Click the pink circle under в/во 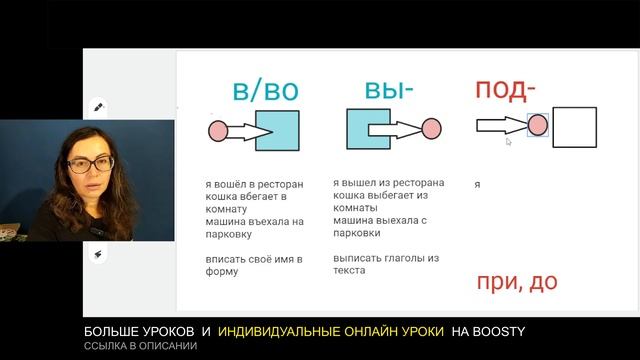(x=218, y=130)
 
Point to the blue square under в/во (x=278, y=130)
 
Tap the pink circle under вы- (x=431, y=128)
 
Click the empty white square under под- (x=574, y=127)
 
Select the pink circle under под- (x=537, y=125)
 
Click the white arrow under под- (x=500, y=125)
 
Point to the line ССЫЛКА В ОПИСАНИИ (x=140, y=346)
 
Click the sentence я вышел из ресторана (x=388, y=184)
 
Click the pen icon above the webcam (x=99, y=105)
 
